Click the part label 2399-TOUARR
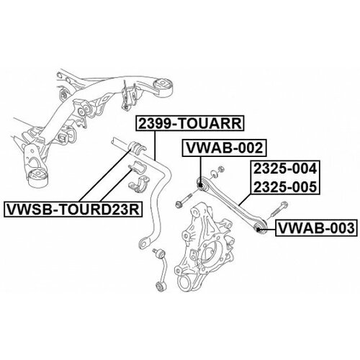point(190,124)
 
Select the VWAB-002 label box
point(225,148)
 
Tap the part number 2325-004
point(285,168)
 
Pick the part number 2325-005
point(285,186)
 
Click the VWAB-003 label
point(316,228)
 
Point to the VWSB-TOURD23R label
point(73,210)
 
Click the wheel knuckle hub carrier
point(204,247)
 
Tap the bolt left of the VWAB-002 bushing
point(184,200)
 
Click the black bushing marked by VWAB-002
point(201,185)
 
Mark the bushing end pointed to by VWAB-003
point(258,228)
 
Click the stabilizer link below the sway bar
point(160,269)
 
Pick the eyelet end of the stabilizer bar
point(144,243)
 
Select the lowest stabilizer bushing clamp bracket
point(139,184)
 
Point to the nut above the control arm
point(221,168)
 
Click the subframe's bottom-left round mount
point(38,177)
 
